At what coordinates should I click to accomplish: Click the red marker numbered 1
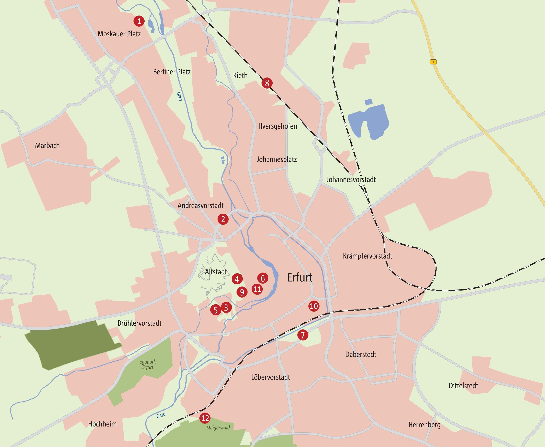(x=139, y=21)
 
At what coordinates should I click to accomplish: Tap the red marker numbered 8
(x=267, y=83)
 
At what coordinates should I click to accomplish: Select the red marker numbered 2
(x=223, y=219)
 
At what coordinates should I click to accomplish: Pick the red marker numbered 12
(x=205, y=418)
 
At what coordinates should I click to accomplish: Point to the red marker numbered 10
(x=314, y=306)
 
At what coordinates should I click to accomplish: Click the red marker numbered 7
(x=303, y=335)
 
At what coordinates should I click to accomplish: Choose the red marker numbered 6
(x=263, y=278)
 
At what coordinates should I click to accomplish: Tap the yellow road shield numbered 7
(x=433, y=62)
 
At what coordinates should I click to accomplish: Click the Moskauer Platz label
(x=119, y=34)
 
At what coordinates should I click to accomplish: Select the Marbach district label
(x=47, y=145)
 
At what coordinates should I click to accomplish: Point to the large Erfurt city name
(x=300, y=278)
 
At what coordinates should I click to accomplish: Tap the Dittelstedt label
(x=463, y=386)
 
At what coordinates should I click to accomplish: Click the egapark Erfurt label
(x=148, y=365)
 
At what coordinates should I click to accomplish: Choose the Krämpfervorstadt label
(x=368, y=256)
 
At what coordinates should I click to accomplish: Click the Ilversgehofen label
(x=278, y=126)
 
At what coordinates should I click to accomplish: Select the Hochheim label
(x=102, y=424)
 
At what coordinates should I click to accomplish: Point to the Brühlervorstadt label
(x=139, y=323)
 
